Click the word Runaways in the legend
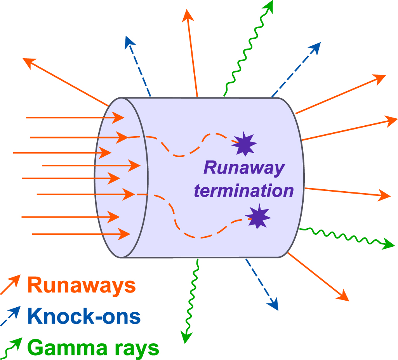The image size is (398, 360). [82, 286]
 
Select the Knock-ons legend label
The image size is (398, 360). [84, 317]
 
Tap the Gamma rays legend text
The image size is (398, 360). [93, 348]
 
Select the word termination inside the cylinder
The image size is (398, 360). [244, 191]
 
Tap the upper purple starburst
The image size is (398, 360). [244, 144]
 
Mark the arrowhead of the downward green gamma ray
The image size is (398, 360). [187, 337]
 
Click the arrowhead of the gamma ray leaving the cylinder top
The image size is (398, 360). [268, 6]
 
